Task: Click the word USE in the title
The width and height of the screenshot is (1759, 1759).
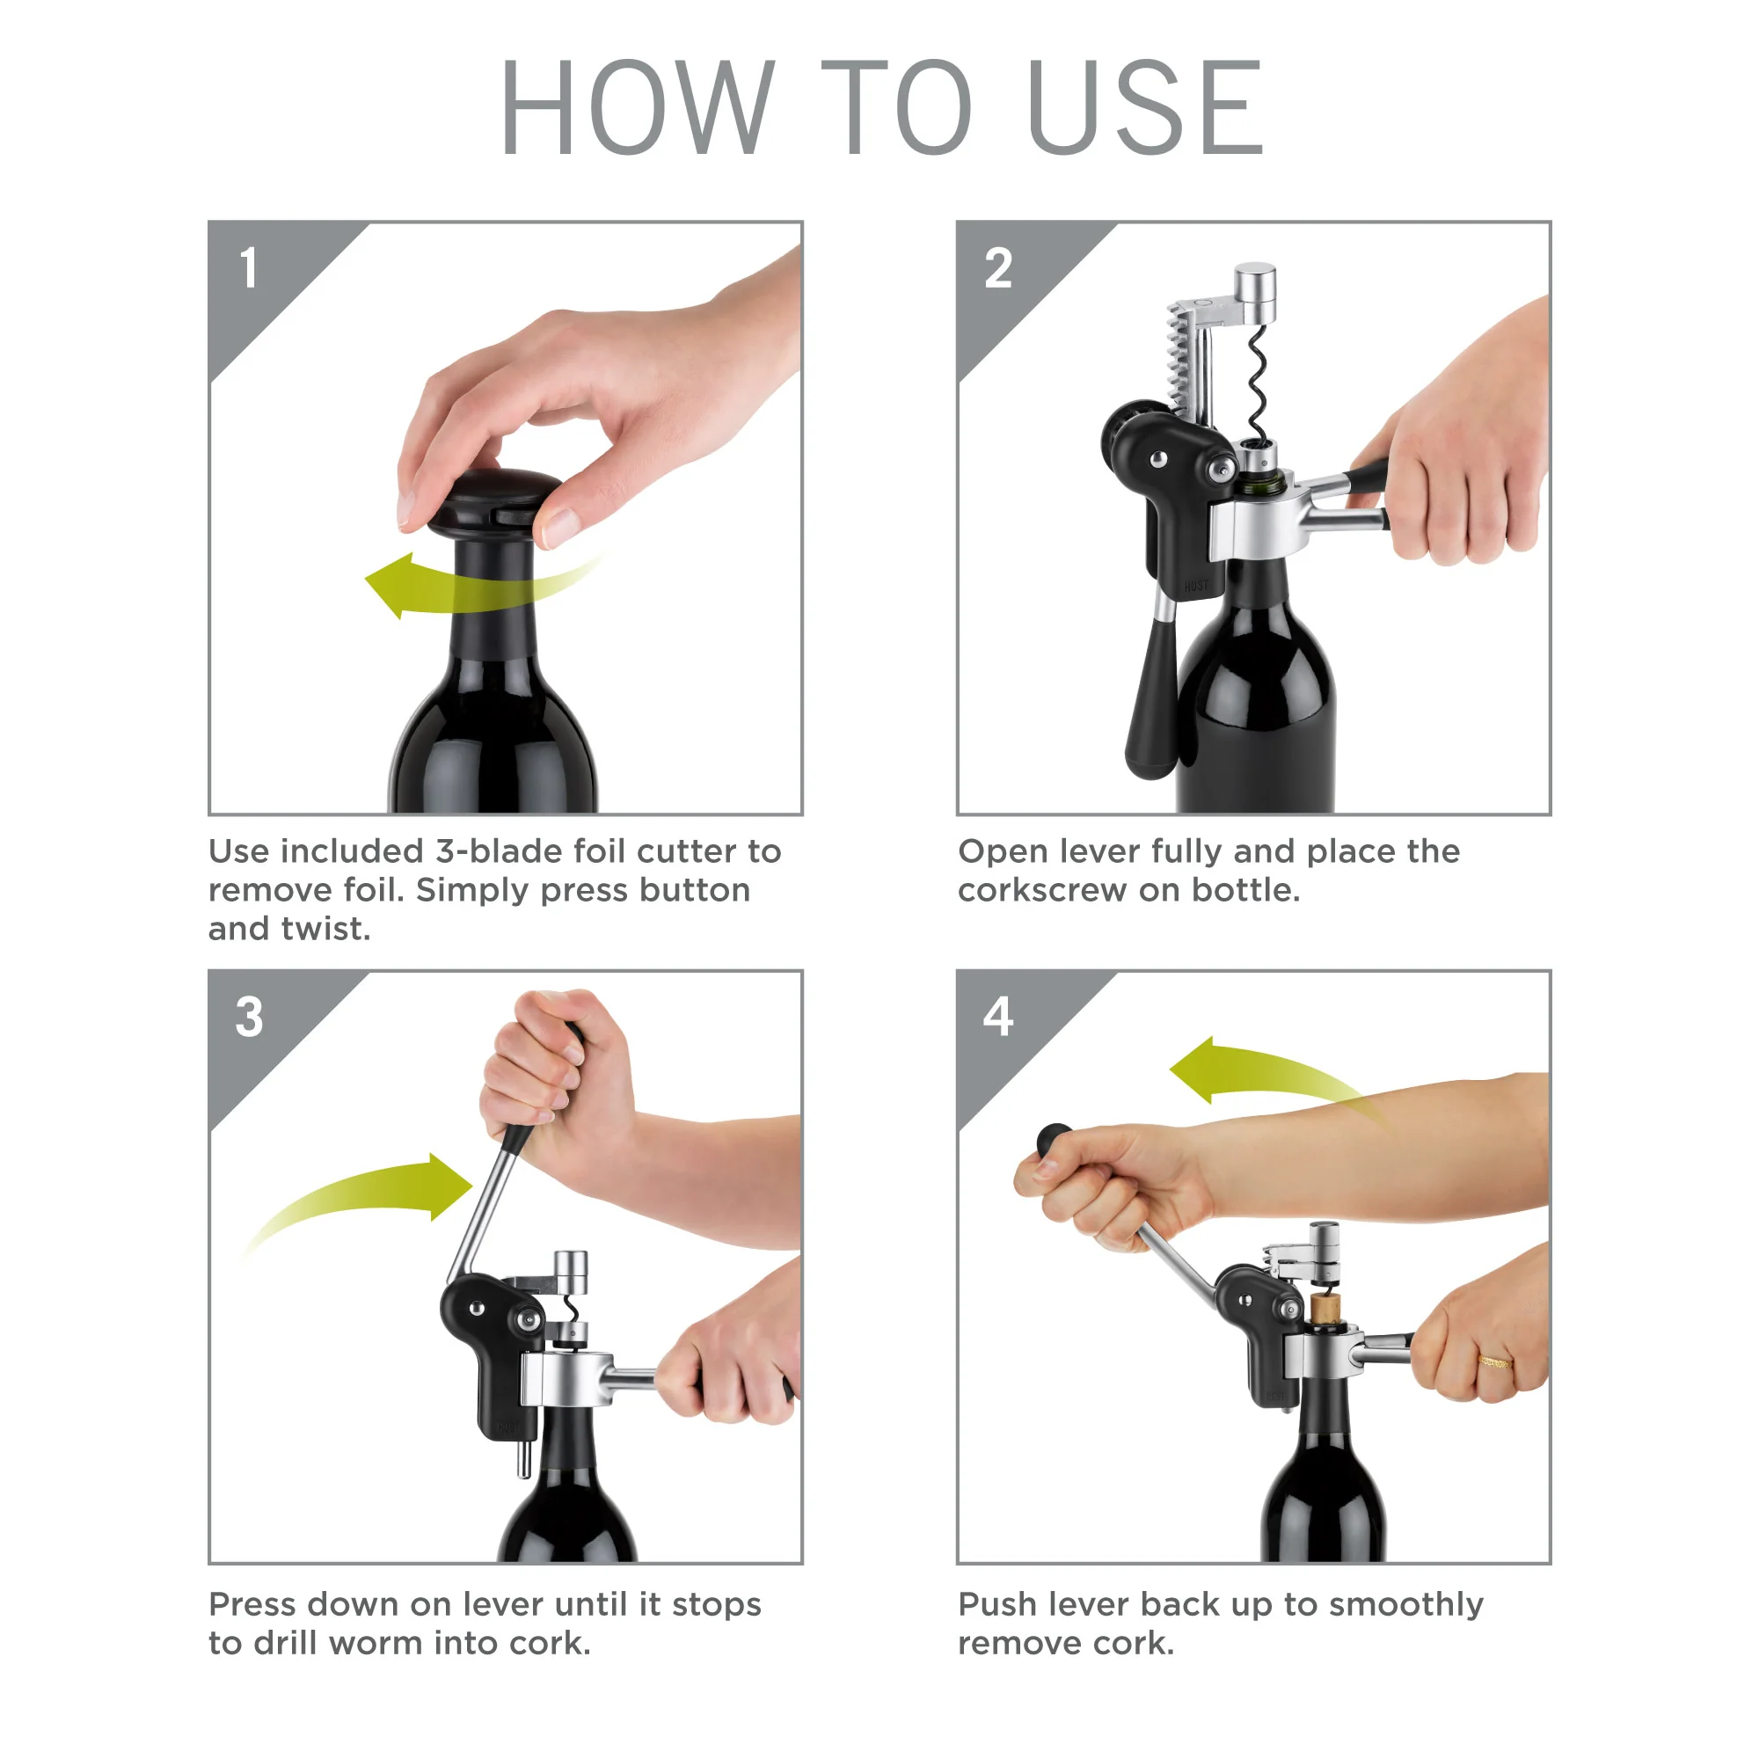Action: point(1144,106)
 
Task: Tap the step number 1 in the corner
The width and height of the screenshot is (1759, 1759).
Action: point(248,268)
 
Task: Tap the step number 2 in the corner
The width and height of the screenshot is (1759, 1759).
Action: point(998,268)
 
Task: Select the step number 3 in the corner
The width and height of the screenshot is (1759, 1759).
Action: point(249,1017)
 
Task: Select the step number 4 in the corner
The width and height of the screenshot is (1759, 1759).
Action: point(998,1017)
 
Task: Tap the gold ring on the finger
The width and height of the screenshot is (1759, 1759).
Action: point(1494,1362)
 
